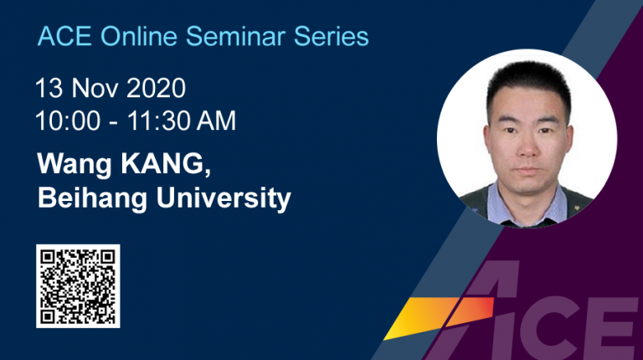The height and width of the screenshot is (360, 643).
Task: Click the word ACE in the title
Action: coord(64,36)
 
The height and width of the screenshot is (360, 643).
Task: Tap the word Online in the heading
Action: coord(139,36)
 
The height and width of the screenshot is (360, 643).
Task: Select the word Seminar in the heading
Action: coord(235,36)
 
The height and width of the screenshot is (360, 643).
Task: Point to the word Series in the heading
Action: coord(332,36)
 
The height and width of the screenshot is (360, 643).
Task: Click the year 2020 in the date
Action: coord(156,88)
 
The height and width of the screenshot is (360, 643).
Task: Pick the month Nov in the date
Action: coord(94,88)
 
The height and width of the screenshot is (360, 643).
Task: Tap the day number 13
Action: coord(49,88)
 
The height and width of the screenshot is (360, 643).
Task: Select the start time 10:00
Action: coord(68,121)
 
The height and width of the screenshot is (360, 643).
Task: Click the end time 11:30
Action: coord(159,121)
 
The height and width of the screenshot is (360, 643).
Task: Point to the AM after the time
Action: coord(216,121)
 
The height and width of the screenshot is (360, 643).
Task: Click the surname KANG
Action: coord(166,164)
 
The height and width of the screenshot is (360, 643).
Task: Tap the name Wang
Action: coord(75,165)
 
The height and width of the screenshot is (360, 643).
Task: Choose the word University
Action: coord(224,198)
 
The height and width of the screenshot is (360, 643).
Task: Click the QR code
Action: coord(78,286)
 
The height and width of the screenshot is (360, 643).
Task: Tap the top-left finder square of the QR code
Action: coord(48,257)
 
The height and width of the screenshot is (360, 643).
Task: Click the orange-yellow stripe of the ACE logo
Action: coord(440,318)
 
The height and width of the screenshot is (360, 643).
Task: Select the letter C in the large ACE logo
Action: coord(543,328)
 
